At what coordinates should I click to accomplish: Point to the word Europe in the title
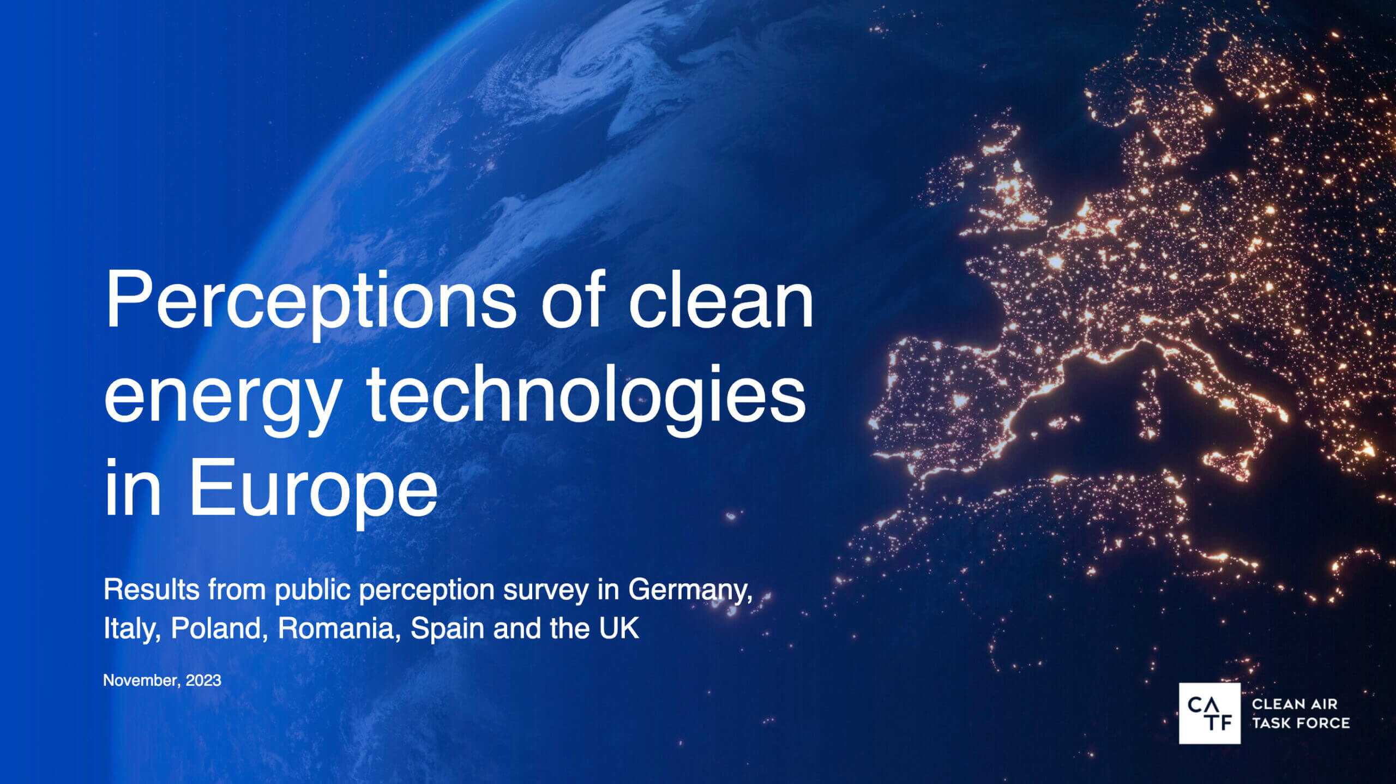(313, 489)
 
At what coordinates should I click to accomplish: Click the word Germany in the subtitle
(690, 590)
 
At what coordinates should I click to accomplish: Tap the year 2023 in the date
(203, 680)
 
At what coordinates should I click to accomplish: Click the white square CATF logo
(1209, 713)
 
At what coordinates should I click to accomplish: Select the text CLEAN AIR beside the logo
(1295, 704)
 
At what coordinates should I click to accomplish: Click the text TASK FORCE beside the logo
(1301, 723)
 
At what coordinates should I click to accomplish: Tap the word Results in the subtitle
(151, 590)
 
